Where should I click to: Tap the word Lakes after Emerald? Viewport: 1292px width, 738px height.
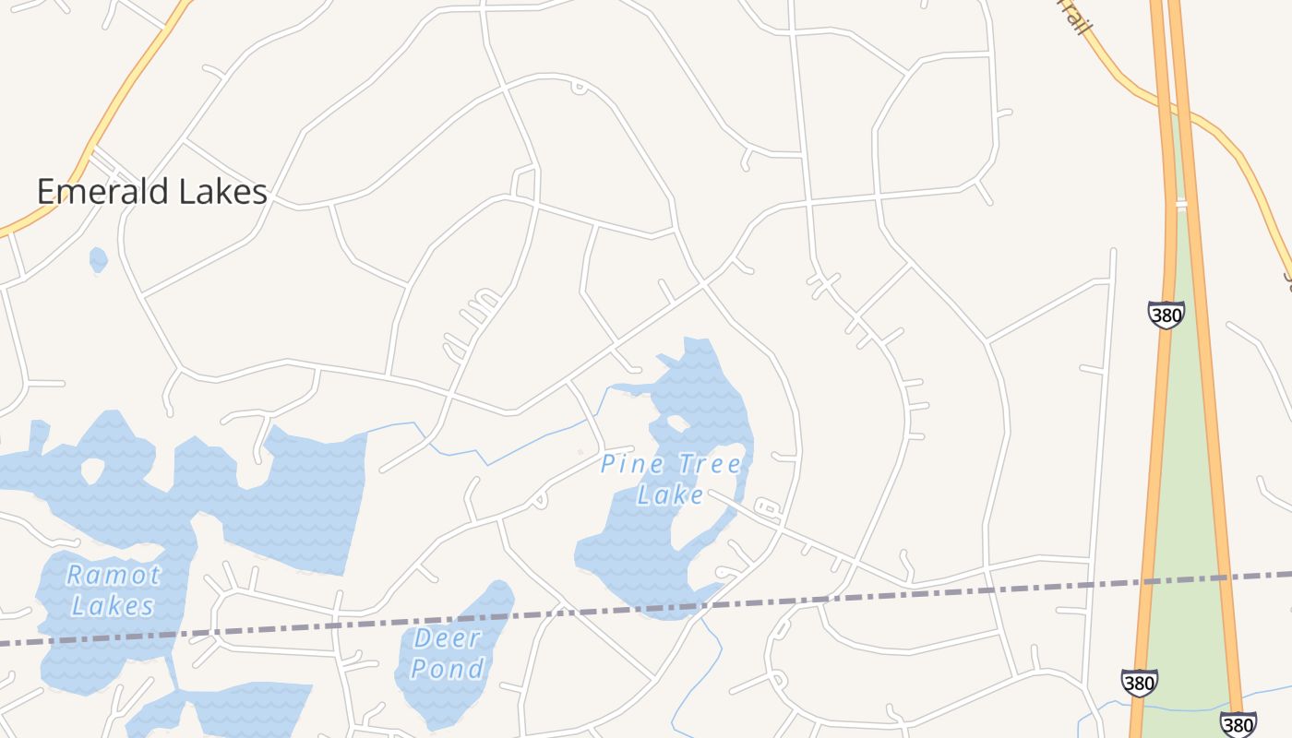[x=220, y=192]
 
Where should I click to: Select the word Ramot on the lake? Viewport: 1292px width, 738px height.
[x=114, y=576]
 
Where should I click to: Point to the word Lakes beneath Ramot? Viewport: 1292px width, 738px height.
[x=113, y=606]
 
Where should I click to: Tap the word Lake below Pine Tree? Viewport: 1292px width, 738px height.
[x=671, y=495]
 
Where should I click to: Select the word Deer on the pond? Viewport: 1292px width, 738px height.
[x=448, y=637]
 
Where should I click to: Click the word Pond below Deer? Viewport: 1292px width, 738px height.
[x=448, y=668]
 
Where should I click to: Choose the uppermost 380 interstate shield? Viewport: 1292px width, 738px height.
[x=1166, y=315]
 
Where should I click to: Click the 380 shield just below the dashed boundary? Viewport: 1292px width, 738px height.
[x=1140, y=683]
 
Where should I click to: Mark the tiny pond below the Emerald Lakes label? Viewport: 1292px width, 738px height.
[x=98, y=259]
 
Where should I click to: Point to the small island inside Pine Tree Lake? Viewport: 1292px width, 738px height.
[x=676, y=424]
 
